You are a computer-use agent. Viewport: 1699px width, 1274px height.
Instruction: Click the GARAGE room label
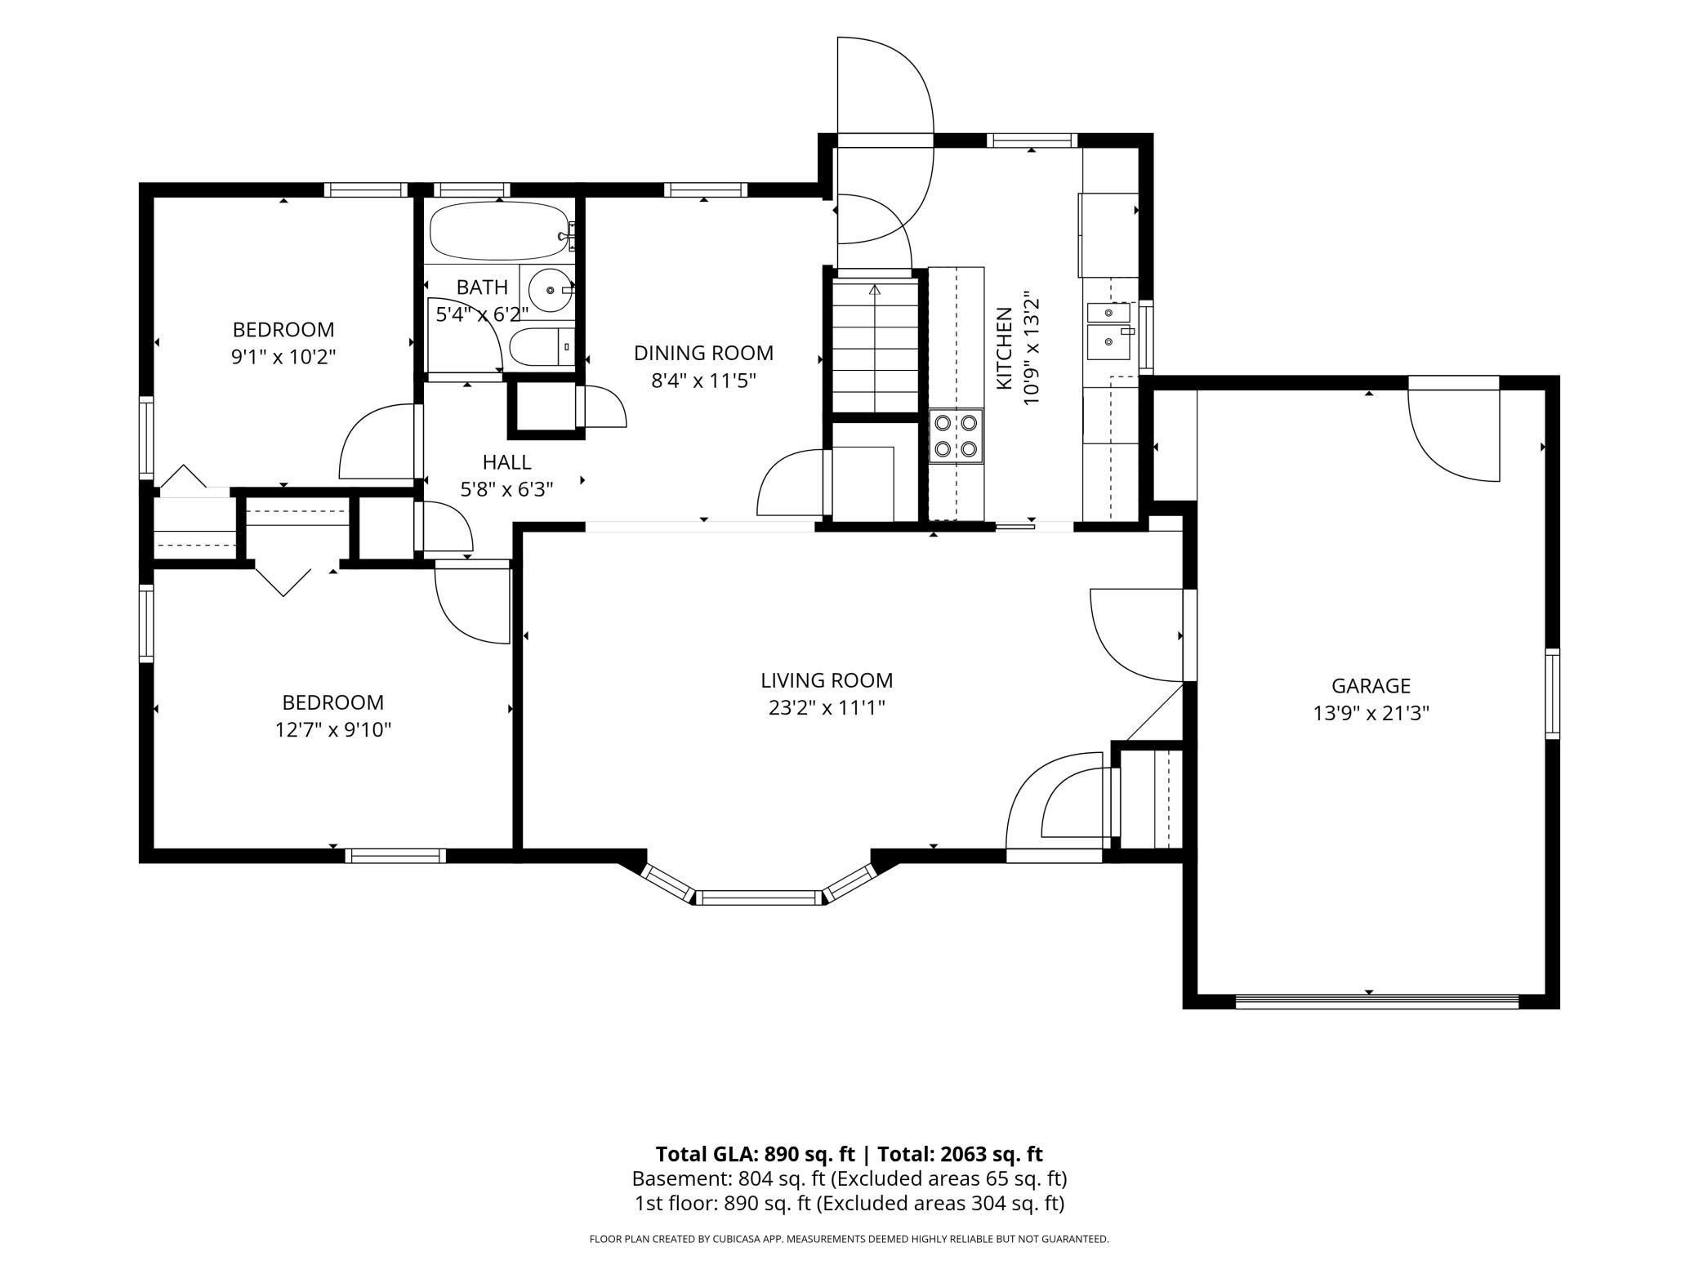point(1371,686)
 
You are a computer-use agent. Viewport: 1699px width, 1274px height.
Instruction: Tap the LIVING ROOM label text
point(827,680)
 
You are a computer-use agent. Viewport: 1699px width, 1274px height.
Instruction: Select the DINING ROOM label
point(703,353)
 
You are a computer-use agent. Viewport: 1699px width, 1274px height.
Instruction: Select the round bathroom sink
point(550,289)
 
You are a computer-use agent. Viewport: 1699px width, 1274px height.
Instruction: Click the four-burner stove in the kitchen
point(956,436)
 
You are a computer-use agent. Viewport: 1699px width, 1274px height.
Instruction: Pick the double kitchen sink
point(1108,330)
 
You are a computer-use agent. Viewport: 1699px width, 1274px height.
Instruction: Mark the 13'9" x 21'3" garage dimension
point(1371,714)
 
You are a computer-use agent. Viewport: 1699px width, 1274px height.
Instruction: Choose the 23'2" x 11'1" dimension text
point(827,707)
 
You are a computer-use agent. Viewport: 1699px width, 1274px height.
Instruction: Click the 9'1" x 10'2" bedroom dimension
point(283,357)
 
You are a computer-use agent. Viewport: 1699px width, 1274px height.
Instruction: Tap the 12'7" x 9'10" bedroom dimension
point(333,729)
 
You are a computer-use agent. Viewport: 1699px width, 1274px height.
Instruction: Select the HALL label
point(507,462)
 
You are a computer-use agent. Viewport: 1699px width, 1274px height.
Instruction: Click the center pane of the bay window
point(760,898)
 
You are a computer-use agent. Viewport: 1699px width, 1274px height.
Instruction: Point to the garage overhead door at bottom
point(1377,1001)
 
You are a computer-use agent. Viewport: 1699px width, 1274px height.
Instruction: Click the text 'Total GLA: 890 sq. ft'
point(755,1154)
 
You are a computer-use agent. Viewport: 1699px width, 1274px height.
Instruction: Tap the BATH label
point(482,287)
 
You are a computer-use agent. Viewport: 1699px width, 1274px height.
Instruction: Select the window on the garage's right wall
point(1552,693)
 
